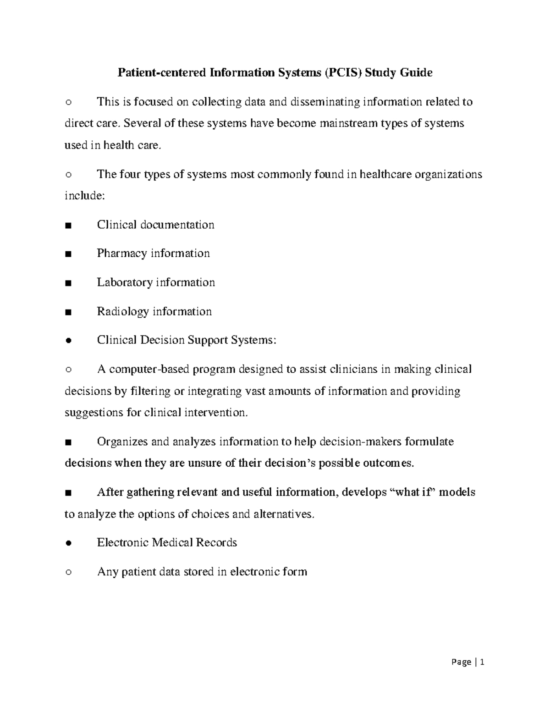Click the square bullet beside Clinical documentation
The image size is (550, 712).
68,226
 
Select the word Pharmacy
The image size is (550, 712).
121,254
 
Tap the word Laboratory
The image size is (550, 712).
125,282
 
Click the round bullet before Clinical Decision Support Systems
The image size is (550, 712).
68,341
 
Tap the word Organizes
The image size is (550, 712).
122,442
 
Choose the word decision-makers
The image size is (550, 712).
360,442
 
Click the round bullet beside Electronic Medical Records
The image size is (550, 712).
68,543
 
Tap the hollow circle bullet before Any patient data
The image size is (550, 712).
68,572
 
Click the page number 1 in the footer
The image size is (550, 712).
482,662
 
